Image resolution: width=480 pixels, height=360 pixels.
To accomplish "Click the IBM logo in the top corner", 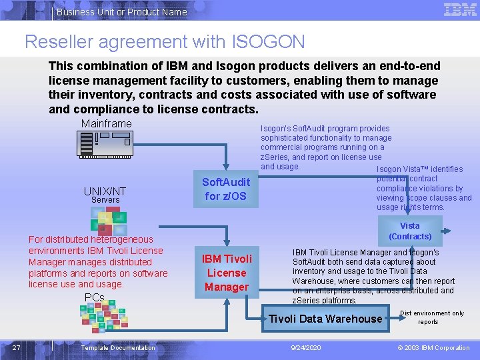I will [459, 10].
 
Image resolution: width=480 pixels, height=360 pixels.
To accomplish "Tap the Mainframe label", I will [107, 124].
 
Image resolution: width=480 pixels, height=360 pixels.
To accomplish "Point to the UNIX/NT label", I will [105, 191].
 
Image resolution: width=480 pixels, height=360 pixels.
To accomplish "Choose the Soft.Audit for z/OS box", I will [226, 189].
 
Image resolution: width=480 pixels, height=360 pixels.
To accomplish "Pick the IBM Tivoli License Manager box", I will [227, 273].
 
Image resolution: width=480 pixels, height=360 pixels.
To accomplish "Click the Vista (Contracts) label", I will [410, 231].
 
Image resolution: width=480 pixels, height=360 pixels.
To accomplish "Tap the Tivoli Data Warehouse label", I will [325, 319].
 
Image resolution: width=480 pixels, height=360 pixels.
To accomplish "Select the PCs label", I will [94, 297].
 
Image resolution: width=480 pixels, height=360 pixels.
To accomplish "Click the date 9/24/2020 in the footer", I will [305, 348].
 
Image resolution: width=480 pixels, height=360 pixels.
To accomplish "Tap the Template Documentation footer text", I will [117, 348].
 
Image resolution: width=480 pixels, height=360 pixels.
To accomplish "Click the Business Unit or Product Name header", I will [121, 11].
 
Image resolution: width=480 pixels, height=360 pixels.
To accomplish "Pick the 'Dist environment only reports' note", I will [431, 317].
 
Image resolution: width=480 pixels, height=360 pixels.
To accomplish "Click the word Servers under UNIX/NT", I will [105, 200].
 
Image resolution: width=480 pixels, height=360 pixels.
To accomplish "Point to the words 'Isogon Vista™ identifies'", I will [419, 169].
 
